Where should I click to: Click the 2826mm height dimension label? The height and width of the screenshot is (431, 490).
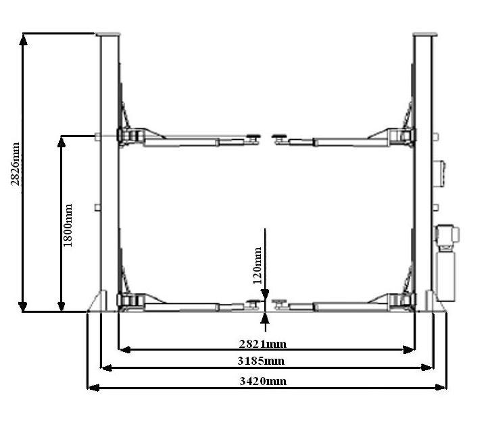click(x=16, y=164)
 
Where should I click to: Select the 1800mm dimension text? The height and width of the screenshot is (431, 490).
click(x=68, y=225)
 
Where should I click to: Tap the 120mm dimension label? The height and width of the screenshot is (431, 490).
click(x=258, y=265)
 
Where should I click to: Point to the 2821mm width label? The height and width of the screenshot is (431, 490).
click(x=262, y=344)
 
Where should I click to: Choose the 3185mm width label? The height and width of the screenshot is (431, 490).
click(x=262, y=361)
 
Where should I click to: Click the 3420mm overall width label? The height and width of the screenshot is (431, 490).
click(x=263, y=381)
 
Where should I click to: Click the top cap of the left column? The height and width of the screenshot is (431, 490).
click(x=108, y=34)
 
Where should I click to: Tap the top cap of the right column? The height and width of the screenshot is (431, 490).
click(x=424, y=34)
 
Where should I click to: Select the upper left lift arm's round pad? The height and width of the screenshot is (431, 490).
click(x=253, y=136)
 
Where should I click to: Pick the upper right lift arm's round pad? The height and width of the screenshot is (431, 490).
click(x=278, y=136)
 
